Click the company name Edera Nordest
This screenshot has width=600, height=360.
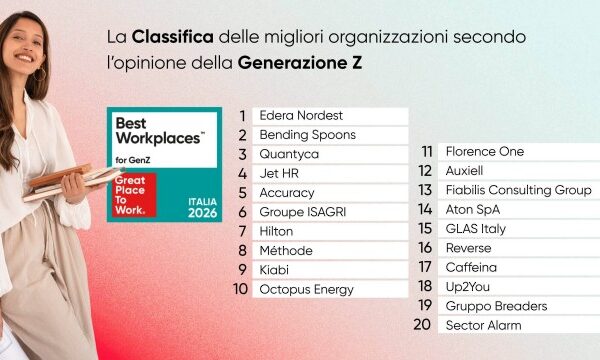pos(301,116)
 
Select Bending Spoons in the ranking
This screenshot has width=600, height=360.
pos(308,135)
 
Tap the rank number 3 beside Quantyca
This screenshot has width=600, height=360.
pos(243,155)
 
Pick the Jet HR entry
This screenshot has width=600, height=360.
pos(279,174)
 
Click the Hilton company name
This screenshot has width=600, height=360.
pos(276,231)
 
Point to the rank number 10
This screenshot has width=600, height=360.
pos(241,289)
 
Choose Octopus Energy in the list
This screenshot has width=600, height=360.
pos(307,290)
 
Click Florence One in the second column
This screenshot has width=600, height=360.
pos(485,151)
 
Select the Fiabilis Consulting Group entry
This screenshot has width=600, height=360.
pos(518,190)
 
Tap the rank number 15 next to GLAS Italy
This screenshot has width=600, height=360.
pos(425,229)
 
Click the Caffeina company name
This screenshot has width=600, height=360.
pos(471,267)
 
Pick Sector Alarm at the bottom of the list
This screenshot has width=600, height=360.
pos(484,326)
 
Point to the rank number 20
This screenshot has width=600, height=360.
pos(422,325)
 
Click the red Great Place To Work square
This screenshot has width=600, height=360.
pos(134,195)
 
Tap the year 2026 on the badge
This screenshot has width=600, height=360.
pos(202,213)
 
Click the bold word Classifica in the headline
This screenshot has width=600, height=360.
pos(173,37)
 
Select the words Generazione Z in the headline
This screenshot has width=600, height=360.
pos(300,63)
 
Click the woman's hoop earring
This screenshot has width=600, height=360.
pos(40,75)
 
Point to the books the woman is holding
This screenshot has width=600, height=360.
pos(71,181)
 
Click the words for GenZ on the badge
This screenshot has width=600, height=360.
pos(133,161)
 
